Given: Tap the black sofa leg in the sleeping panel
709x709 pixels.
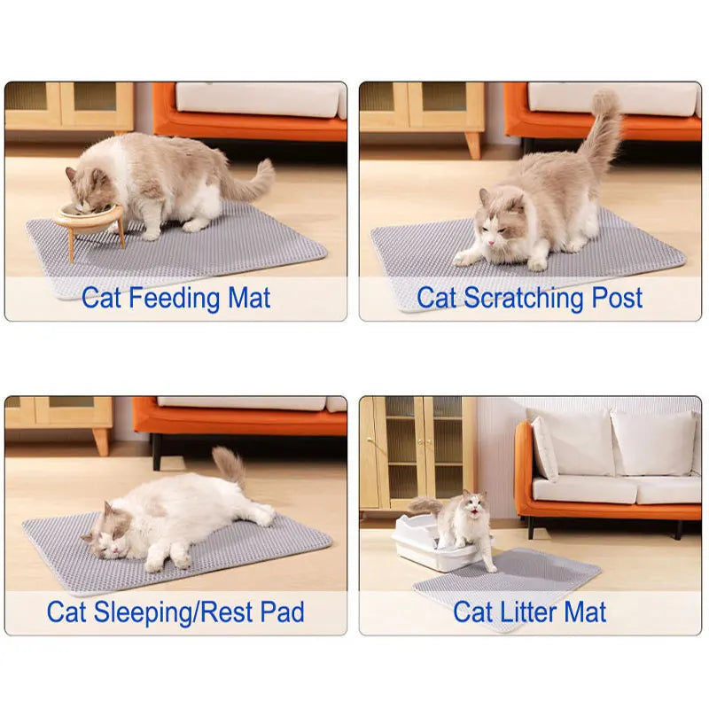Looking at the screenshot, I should (x=157, y=451).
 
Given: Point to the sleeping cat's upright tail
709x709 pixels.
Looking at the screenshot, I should (x=230, y=465).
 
